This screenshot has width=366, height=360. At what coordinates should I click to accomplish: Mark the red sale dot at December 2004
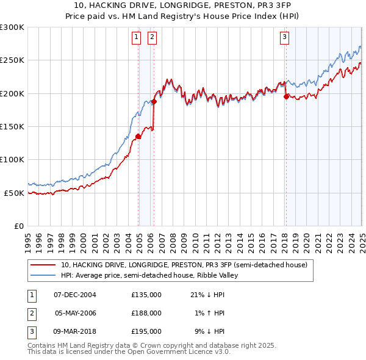click(x=138, y=137)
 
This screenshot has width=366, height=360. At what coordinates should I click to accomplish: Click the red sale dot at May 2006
click(x=154, y=102)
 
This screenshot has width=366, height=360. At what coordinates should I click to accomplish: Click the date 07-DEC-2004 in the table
click(x=75, y=295)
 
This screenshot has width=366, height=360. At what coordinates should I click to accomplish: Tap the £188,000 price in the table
click(x=146, y=313)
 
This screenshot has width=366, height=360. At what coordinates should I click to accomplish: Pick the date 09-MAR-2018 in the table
click(x=75, y=331)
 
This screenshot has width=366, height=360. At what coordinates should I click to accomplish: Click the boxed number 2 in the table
click(x=30, y=313)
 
